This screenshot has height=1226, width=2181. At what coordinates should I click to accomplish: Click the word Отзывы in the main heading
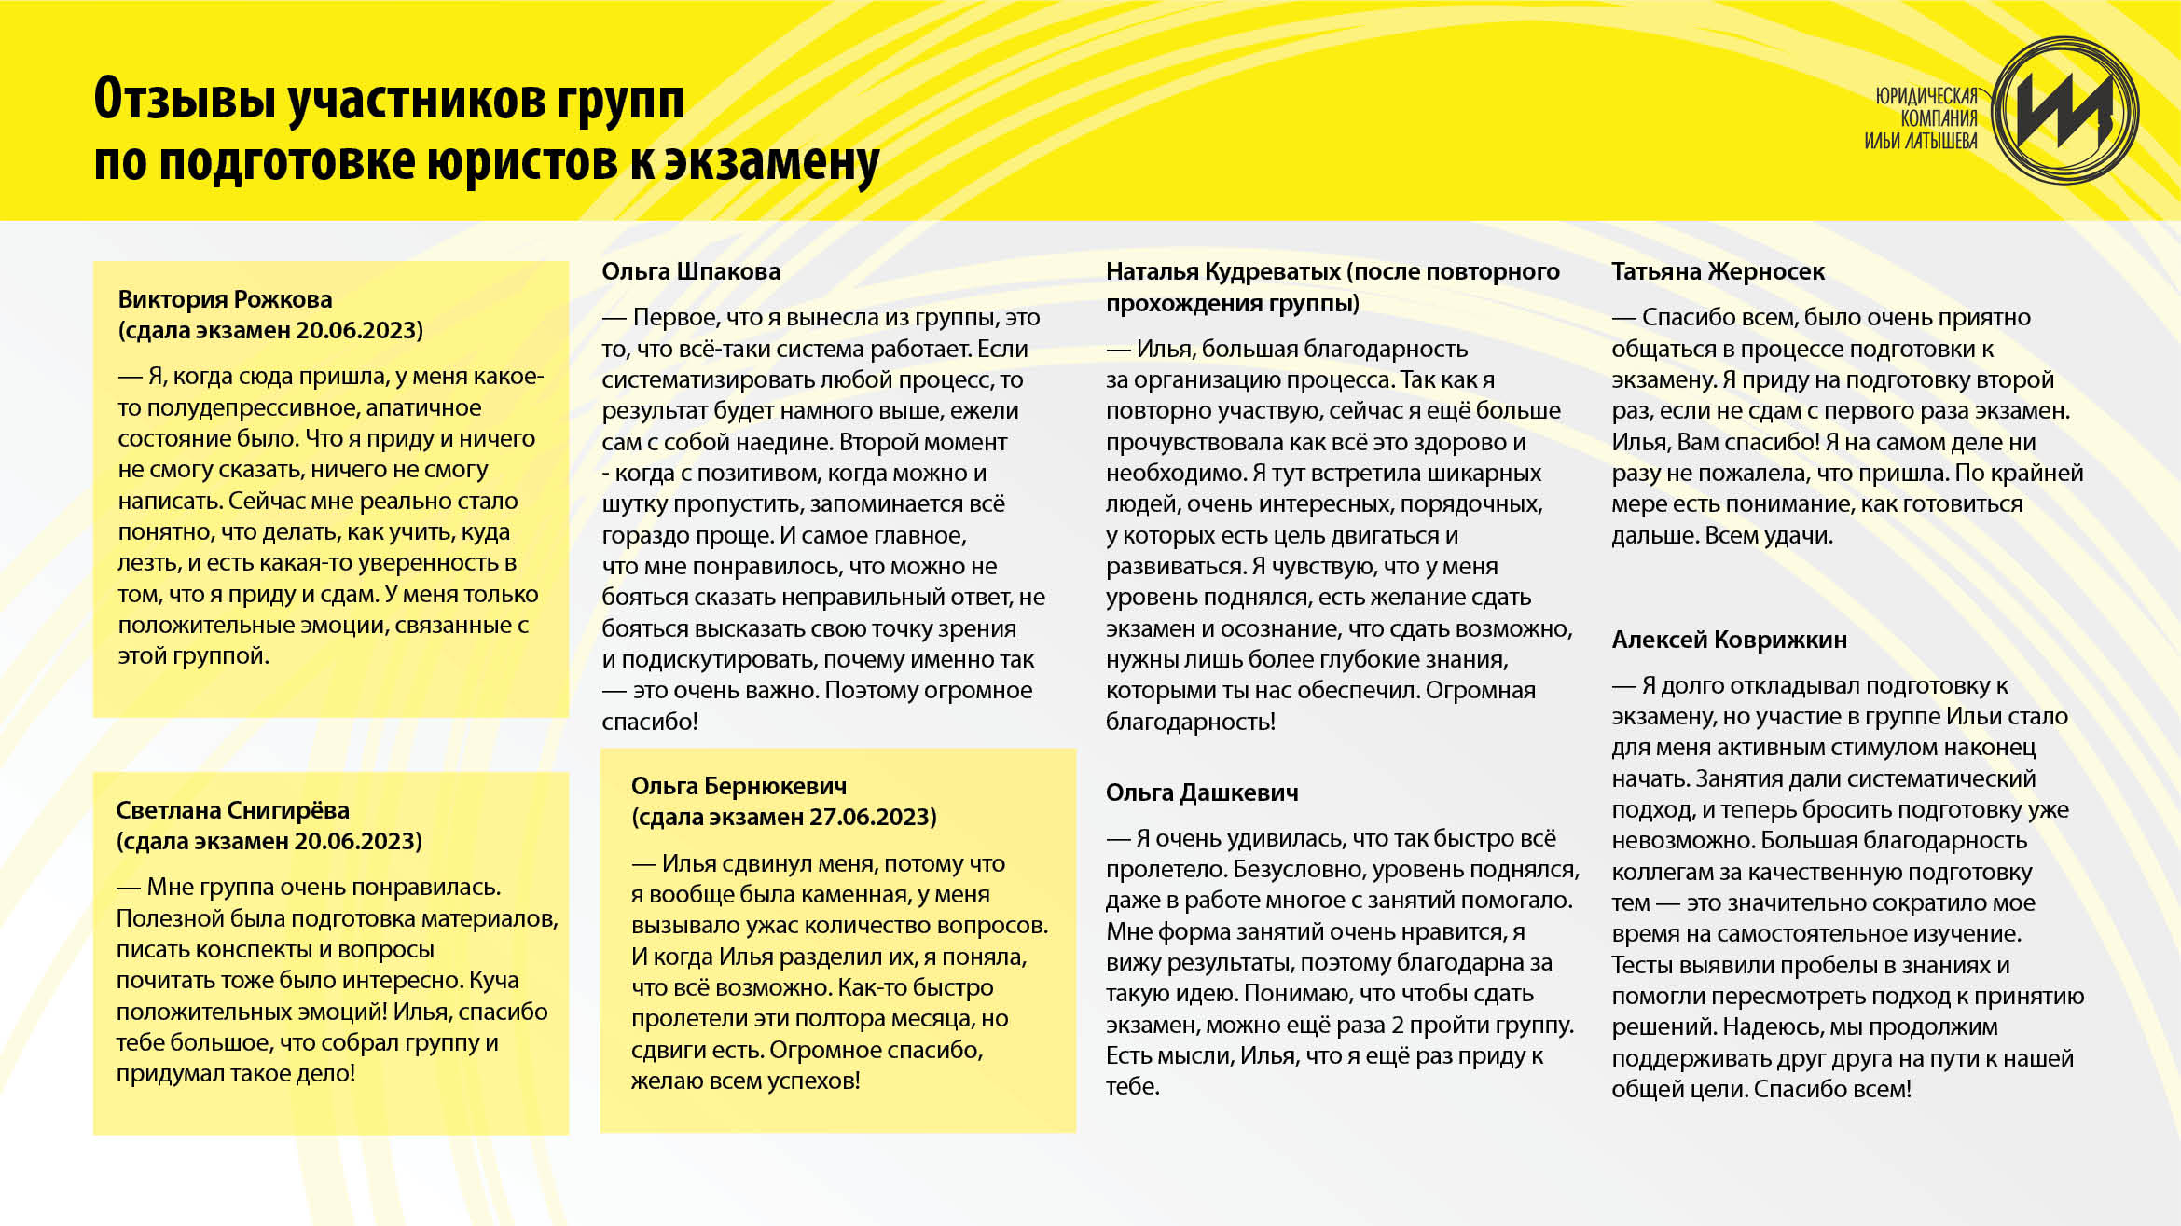click(x=184, y=99)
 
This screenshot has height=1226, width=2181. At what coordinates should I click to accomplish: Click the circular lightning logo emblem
click(x=2064, y=111)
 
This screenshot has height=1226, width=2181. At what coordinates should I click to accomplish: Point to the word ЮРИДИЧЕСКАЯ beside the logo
click(x=1926, y=96)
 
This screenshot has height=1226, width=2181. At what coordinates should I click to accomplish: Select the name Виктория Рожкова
click(x=225, y=299)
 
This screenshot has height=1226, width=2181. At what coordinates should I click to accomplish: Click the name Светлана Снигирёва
click(x=232, y=810)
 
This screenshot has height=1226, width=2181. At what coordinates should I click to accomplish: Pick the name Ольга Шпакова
click(x=691, y=271)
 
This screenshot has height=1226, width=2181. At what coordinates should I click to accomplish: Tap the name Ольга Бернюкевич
click(x=739, y=786)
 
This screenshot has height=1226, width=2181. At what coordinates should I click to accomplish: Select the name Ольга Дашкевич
click(x=1202, y=792)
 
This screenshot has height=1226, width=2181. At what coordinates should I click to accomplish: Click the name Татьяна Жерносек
click(x=1718, y=271)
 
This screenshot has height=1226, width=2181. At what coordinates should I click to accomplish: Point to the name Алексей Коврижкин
click(x=1729, y=640)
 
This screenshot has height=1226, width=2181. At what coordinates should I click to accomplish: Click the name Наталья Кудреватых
click(x=1223, y=271)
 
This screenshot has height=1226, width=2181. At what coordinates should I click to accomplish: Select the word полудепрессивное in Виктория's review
click(x=253, y=408)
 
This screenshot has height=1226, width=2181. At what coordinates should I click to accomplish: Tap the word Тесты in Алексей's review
click(x=1641, y=965)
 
